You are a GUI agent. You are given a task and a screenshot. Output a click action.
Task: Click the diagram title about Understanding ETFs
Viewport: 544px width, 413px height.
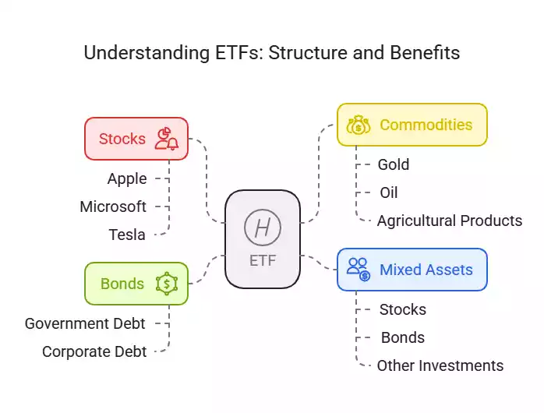point(271,53)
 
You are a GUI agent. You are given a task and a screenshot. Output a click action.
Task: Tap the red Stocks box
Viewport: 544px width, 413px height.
point(136,139)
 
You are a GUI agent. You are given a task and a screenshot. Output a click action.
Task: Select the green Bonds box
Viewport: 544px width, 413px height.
point(136,284)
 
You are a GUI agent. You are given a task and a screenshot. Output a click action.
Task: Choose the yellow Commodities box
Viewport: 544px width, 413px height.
point(412,125)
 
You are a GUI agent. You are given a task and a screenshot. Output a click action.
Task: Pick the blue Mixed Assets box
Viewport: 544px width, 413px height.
point(412,270)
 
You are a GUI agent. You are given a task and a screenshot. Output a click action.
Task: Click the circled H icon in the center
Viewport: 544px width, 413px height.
point(262,228)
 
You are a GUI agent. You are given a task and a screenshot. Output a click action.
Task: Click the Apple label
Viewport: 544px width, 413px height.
point(127,178)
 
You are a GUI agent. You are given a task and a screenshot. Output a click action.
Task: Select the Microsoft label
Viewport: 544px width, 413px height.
point(113,206)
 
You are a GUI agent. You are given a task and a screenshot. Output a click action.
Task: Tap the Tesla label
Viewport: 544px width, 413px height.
point(127,234)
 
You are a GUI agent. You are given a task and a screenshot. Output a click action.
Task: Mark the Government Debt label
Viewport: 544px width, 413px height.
point(85,323)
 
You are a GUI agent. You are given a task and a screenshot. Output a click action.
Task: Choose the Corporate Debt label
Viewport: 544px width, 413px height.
point(94,351)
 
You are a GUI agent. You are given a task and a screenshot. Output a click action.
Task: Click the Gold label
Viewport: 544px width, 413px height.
point(393,164)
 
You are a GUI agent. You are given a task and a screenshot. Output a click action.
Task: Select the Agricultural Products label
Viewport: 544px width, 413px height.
point(449,221)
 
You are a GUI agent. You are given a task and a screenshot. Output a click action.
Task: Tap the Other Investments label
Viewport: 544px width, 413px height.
point(440,365)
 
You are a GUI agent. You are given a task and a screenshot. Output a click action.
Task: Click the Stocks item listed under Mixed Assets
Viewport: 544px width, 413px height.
point(402,309)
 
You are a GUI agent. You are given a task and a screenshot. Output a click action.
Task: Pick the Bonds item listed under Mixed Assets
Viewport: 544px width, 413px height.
point(402,337)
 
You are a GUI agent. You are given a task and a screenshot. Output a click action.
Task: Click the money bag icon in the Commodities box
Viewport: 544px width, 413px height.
point(358,125)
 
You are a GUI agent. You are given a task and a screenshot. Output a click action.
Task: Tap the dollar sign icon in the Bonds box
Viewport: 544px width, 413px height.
point(166,284)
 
